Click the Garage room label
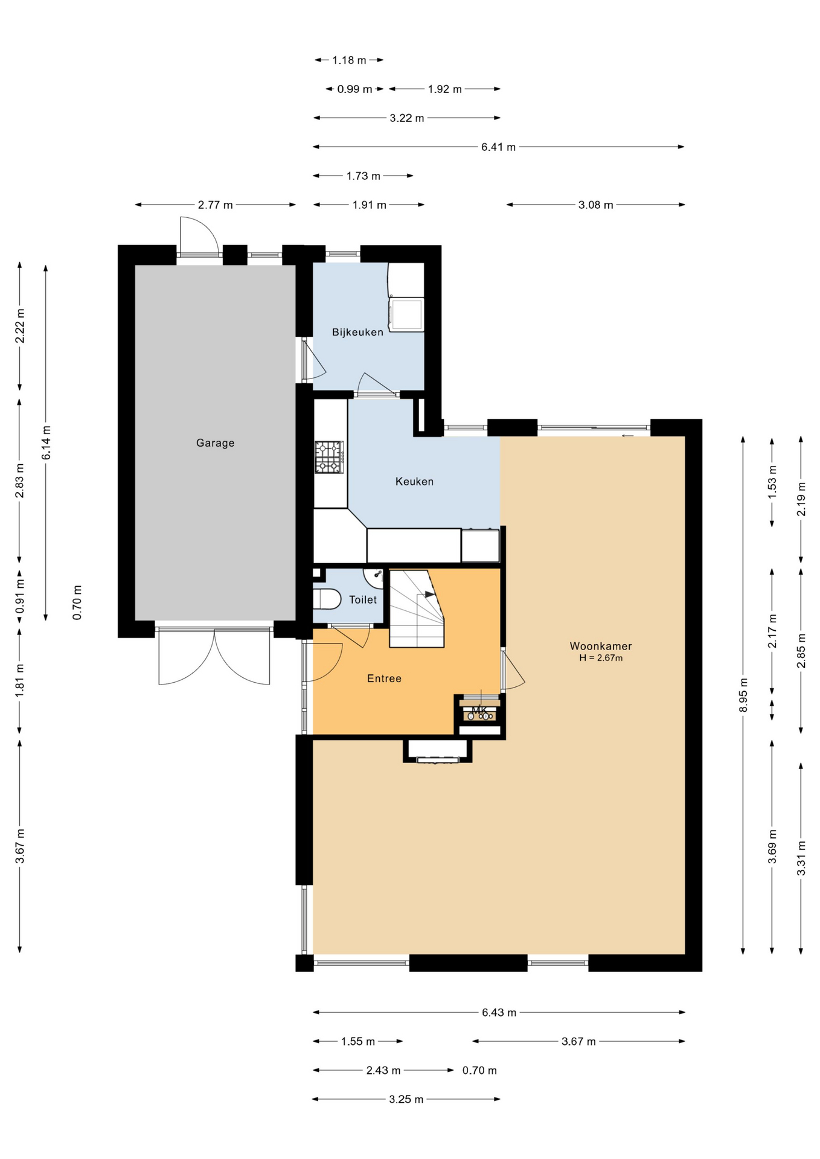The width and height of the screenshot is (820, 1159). coord(215,443)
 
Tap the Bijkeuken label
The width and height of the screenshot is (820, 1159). coord(357,332)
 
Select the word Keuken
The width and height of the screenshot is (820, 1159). coord(414,482)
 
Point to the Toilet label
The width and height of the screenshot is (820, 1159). coord(362,599)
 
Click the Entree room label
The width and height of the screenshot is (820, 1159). coord(384,678)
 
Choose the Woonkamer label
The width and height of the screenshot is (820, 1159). coord(601,646)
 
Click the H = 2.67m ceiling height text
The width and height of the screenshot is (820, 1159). coord(601,658)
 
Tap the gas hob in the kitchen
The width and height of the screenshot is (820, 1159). coord(329,457)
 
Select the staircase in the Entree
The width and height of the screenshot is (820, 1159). coord(417,608)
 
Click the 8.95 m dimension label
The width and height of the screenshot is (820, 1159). coord(743,695)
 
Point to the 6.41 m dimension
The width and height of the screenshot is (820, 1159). coord(498,147)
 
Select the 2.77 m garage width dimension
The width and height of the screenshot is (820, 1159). coord(215,205)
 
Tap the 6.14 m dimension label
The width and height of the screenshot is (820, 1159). coord(46,442)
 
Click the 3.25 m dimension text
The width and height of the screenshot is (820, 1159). coord(406,1099)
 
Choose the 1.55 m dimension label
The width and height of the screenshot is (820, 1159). coord(357,1041)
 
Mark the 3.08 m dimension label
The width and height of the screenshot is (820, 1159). coord(595,205)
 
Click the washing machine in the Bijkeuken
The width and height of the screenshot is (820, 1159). coord(406,314)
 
